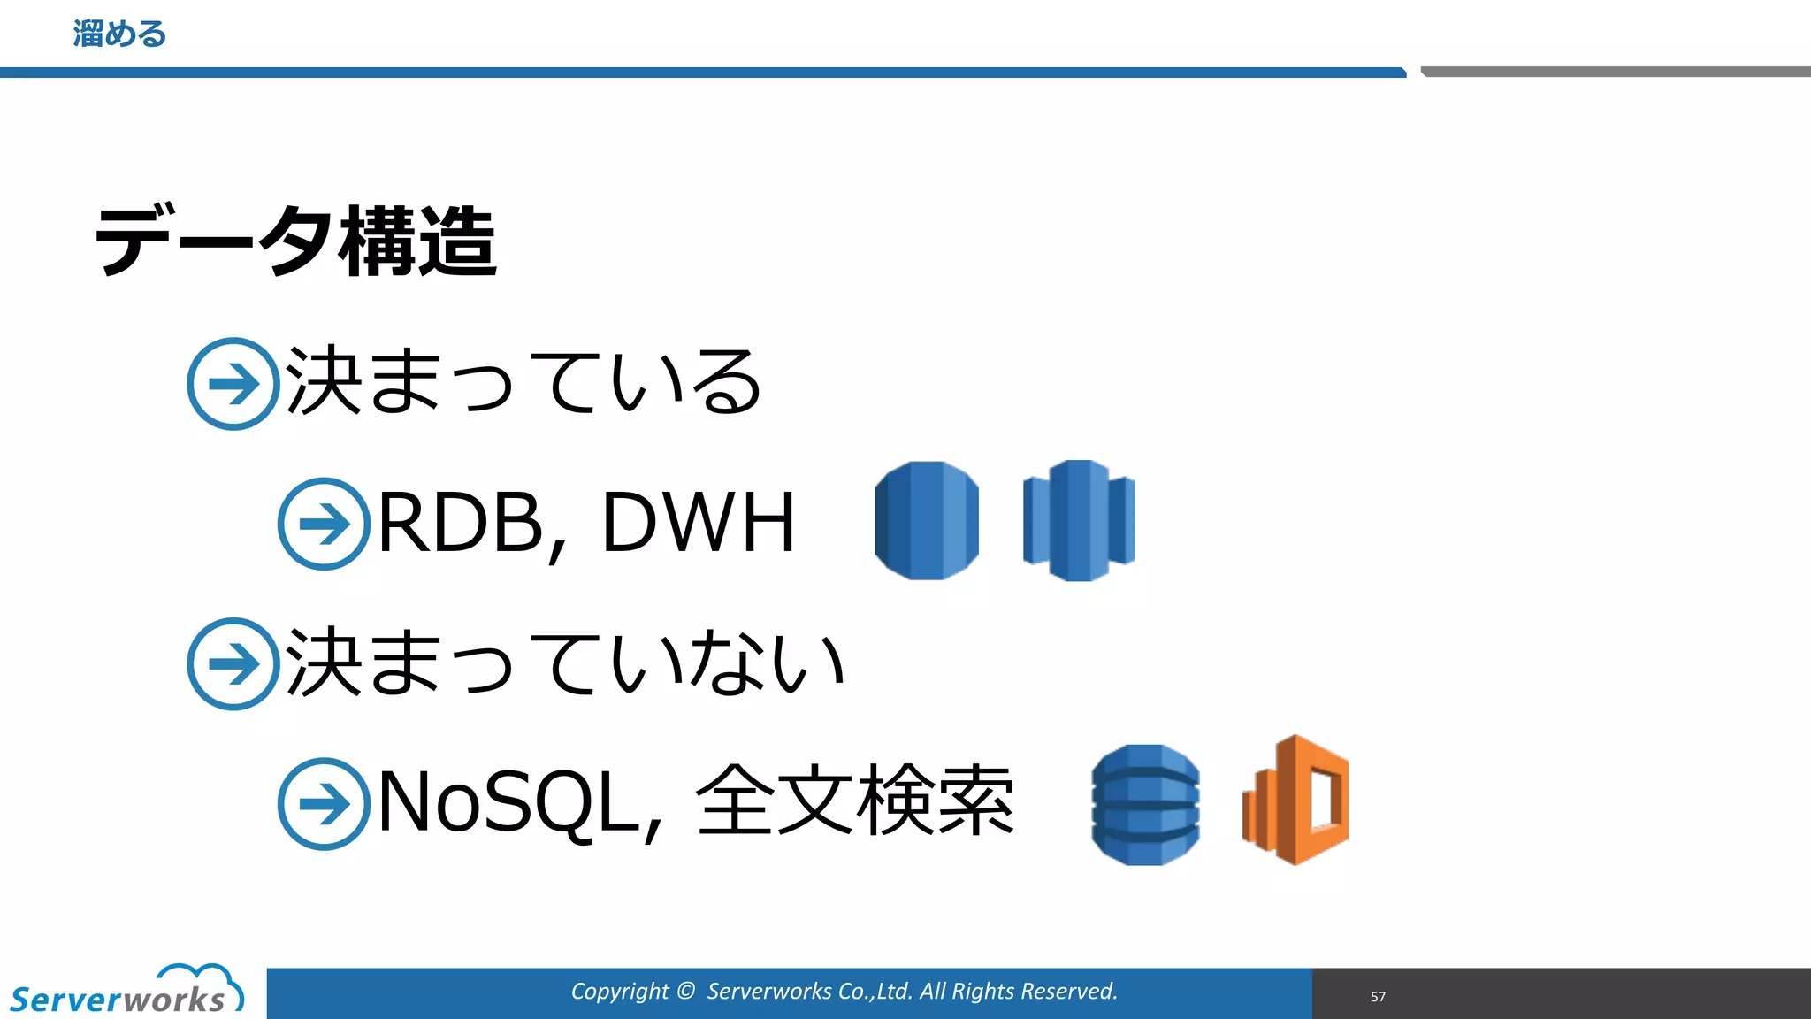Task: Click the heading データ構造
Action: click(x=295, y=241)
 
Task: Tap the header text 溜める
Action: click(x=119, y=34)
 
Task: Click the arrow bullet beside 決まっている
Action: click(x=233, y=384)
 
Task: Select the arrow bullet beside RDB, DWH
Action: click(x=324, y=524)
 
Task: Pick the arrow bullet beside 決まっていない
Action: click(x=233, y=663)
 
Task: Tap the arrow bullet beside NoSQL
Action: click(x=324, y=803)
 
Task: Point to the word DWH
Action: click(x=699, y=523)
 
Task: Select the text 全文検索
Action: click(x=855, y=801)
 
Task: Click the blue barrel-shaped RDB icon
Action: click(x=927, y=520)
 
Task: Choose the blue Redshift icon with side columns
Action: click(x=1079, y=520)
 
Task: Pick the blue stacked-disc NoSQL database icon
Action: click(x=1145, y=804)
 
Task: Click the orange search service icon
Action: click(x=1295, y=801)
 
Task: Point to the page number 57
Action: click(x=1378, y=997)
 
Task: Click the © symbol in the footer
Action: click(x=686, y=991)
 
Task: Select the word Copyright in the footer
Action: click(x=619, y=992)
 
